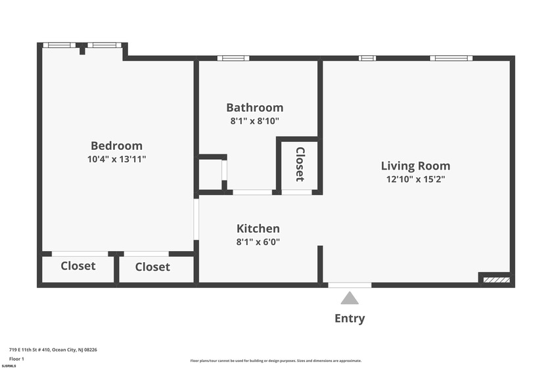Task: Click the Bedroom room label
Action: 116,146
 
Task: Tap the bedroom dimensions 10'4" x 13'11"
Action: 116,159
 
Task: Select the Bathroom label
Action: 255,108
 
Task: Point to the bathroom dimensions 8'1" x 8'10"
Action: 255,121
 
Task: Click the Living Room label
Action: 415,166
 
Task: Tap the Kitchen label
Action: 258,229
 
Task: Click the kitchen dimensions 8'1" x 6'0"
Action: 258,241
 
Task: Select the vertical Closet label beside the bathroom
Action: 300,164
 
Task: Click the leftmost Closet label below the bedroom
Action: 78,266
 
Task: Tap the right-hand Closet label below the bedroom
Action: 152,267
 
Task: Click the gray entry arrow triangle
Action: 350,298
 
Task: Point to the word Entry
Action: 350,319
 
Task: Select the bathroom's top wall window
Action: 229,58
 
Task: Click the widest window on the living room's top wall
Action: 451,58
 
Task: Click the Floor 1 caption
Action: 16,359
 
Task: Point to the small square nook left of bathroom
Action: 211,174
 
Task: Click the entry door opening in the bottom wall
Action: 350,285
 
